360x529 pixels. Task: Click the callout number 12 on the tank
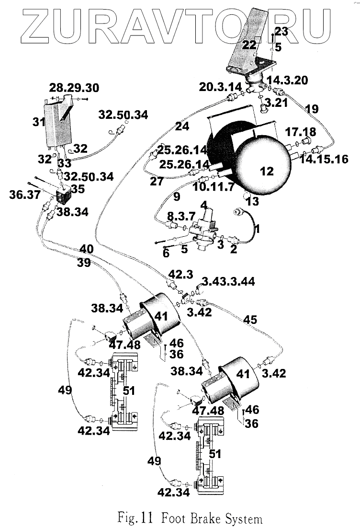coord(267,171)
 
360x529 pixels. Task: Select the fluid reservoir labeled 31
coord(58,122)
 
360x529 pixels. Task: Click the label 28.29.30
coord(74,88)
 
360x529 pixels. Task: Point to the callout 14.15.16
coord(324,159)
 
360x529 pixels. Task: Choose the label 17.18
coord(300,132)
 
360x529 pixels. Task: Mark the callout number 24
coord(182,126)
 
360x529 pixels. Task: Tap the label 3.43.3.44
coord(228,281)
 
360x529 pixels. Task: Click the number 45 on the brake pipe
coord(250,319)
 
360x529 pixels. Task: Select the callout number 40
coord(86,249)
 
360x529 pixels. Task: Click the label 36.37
coord(24,195)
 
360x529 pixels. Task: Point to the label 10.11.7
coord(213,186)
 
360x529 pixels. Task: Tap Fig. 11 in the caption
coord(135,517)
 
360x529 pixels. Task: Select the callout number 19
coord(312,109)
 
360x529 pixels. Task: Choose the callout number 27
coord(157,181)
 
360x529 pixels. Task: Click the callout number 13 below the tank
coord(252,201)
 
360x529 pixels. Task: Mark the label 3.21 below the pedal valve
coord(276,102)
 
